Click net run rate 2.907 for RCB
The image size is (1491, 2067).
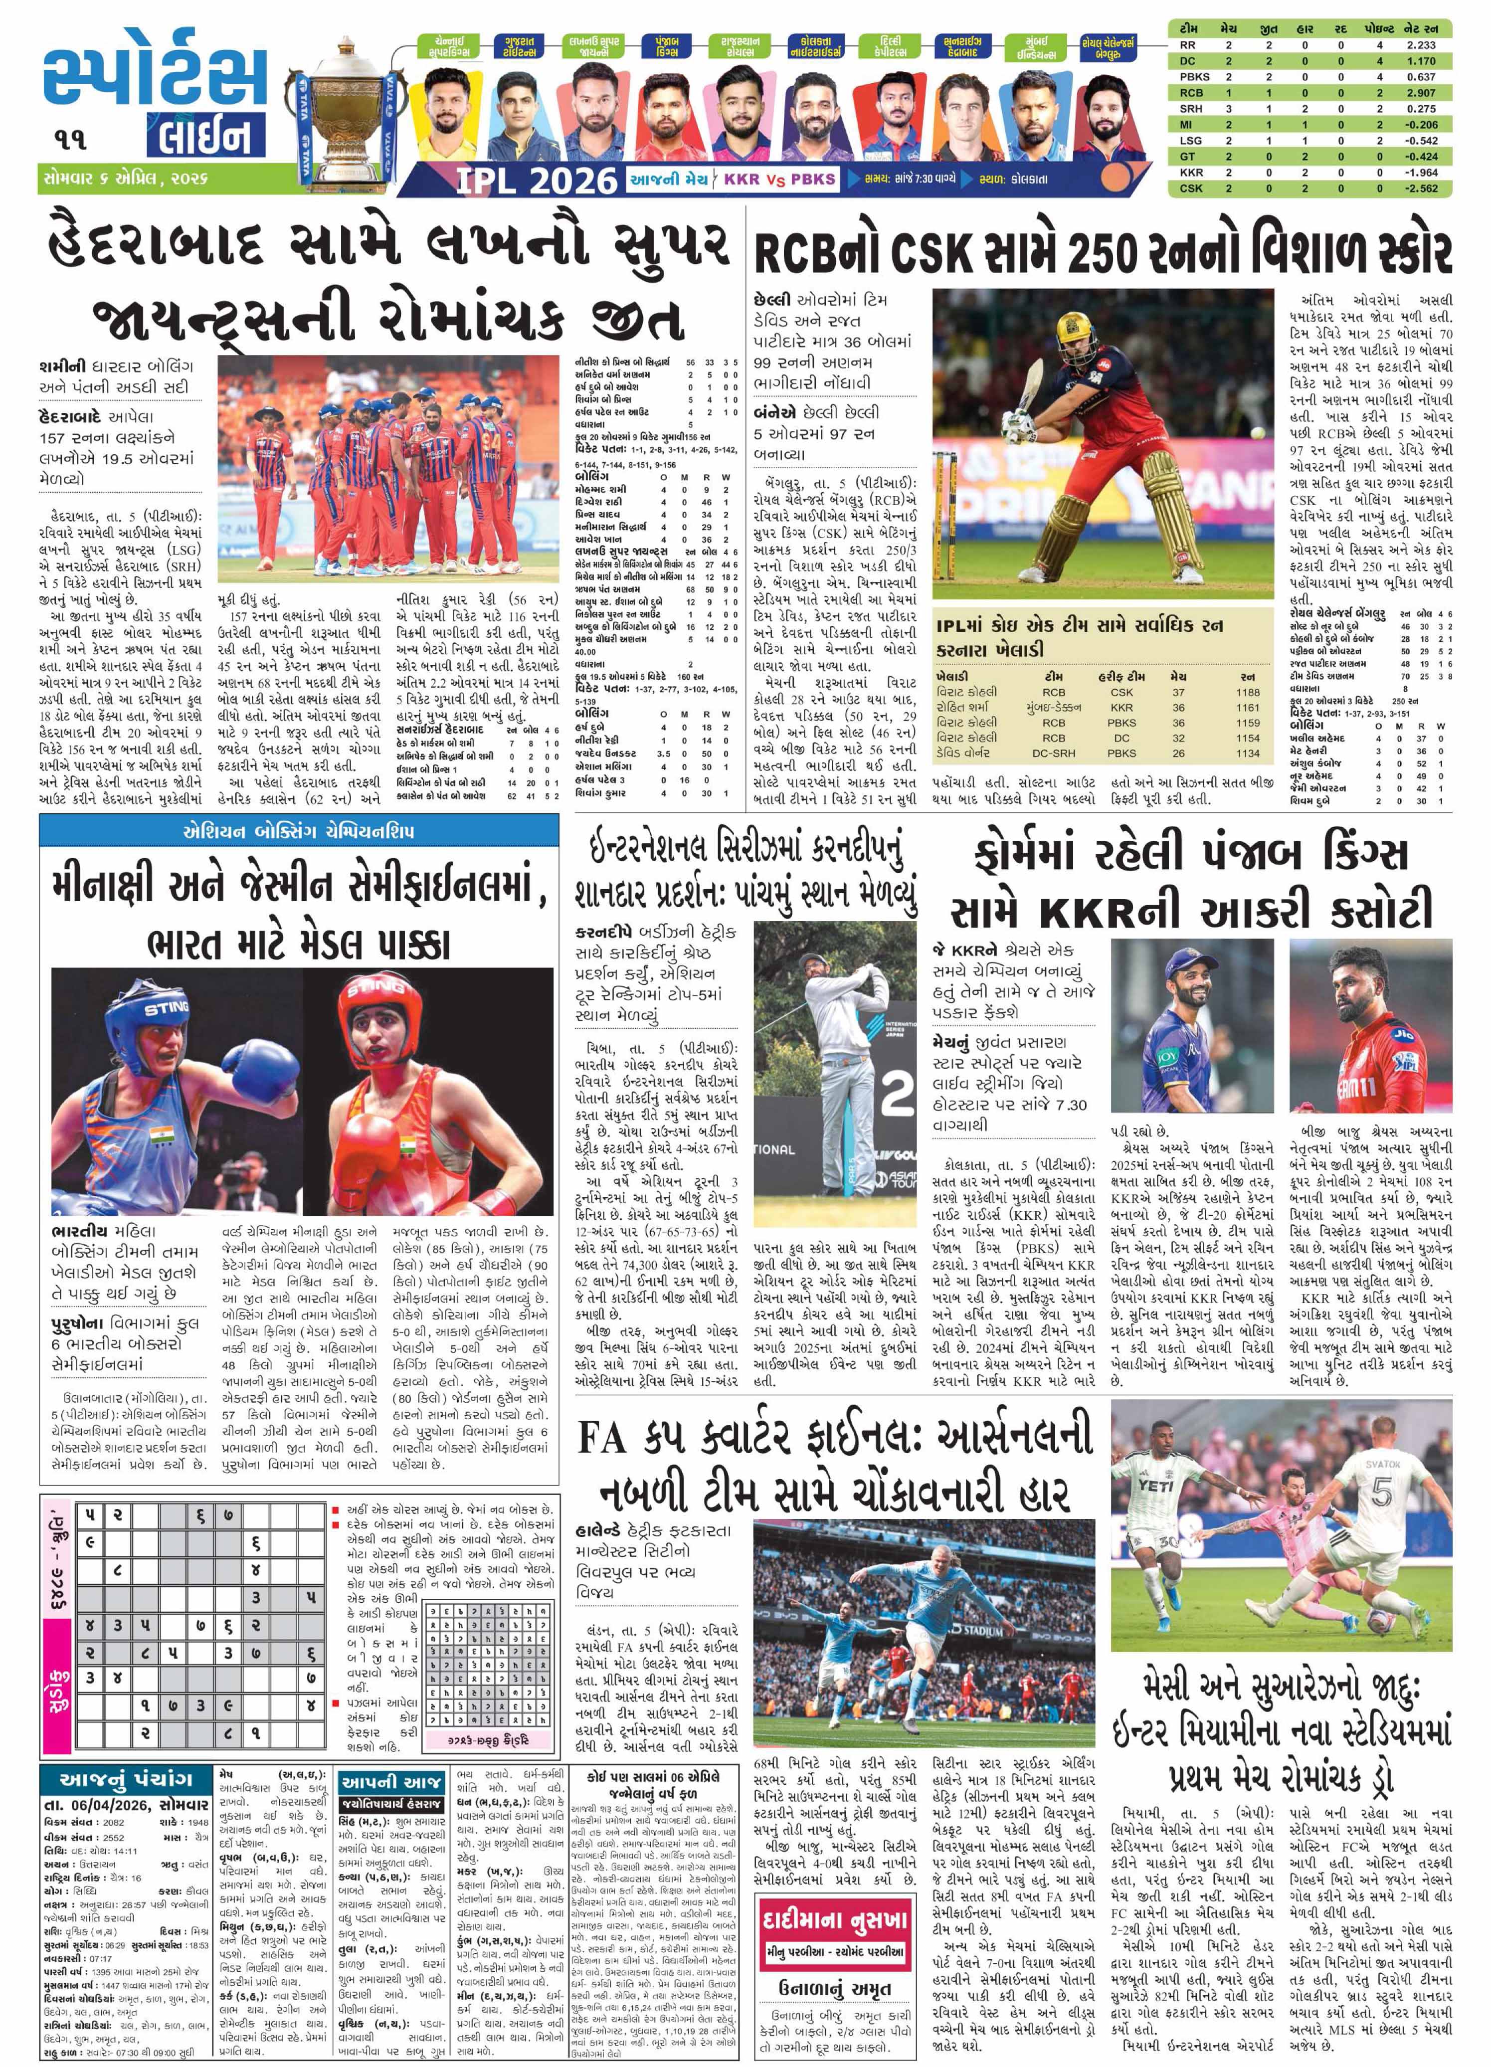[x=1421, y=93]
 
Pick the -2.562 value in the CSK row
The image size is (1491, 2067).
[x=1421, y=188]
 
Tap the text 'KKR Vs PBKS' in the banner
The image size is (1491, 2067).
[x=779, y=180]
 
